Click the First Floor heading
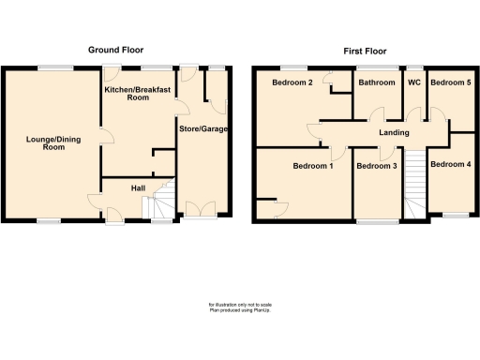365,51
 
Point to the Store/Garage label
203,128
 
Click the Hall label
138,188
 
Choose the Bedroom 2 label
292,82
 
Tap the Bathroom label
375,82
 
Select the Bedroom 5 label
450,82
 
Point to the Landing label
394,132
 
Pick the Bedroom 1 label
312,166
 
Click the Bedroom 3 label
378,166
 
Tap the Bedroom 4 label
450,166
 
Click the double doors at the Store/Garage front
199,211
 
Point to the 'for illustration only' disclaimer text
240,307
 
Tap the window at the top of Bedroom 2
293,67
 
